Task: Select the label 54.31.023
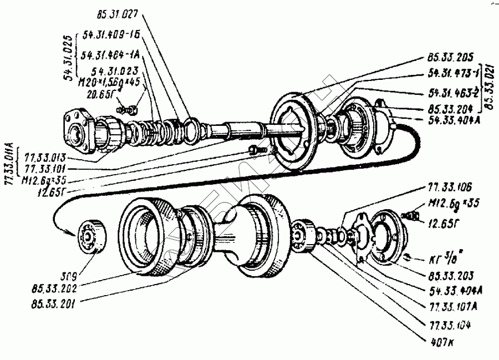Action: click(115, 71)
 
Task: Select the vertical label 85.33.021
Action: click(490, 86)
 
